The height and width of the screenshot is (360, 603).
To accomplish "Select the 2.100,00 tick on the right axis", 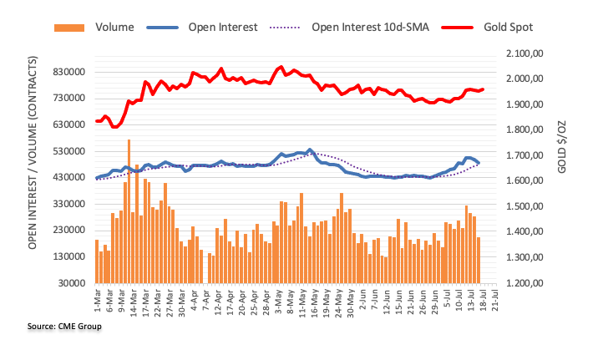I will pyautogui.click(x=524, y=53).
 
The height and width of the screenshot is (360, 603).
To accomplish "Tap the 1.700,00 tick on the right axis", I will pyautogui.click(x=524, y=155).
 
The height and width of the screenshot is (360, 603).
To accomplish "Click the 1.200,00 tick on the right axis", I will pyautogui.click(x=524, y=283).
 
